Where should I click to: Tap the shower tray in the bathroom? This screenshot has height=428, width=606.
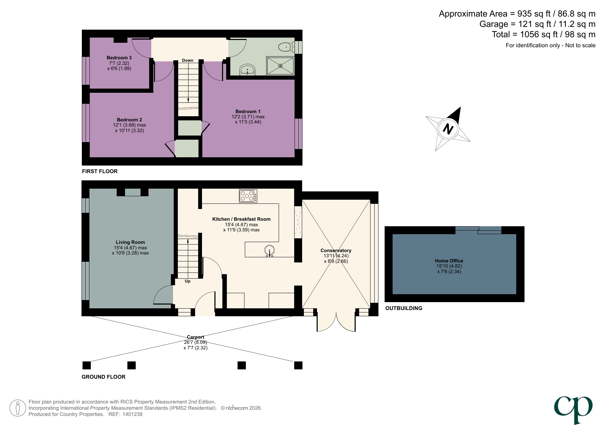coord(280,66)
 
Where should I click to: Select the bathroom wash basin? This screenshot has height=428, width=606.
coord(248,70)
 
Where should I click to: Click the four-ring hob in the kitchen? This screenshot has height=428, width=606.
coord(248,196)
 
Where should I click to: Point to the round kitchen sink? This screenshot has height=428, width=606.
coord(269,250)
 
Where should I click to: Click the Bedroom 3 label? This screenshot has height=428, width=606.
coord(119,58)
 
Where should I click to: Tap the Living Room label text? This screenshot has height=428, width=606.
coord(130,242)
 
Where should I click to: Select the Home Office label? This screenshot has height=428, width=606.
coord(449,261)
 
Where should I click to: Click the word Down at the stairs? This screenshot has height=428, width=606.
coord(187,60)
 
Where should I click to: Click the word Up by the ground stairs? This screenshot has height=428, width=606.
coord(187,281)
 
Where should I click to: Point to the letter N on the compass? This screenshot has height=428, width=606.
coord(448,129)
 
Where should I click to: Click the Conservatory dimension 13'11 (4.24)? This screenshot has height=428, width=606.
coord(336,256)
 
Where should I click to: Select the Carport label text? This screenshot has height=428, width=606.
coord(195,337)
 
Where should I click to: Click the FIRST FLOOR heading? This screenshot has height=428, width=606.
coord(99,171)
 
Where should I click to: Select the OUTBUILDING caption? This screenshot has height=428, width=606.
coord(404,308)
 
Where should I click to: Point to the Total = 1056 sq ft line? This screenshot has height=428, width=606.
coord(543,34)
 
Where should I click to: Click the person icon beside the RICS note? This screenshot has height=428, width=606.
coord(17,408)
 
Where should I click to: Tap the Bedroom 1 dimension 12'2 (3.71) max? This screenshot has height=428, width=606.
coord(248,117)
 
